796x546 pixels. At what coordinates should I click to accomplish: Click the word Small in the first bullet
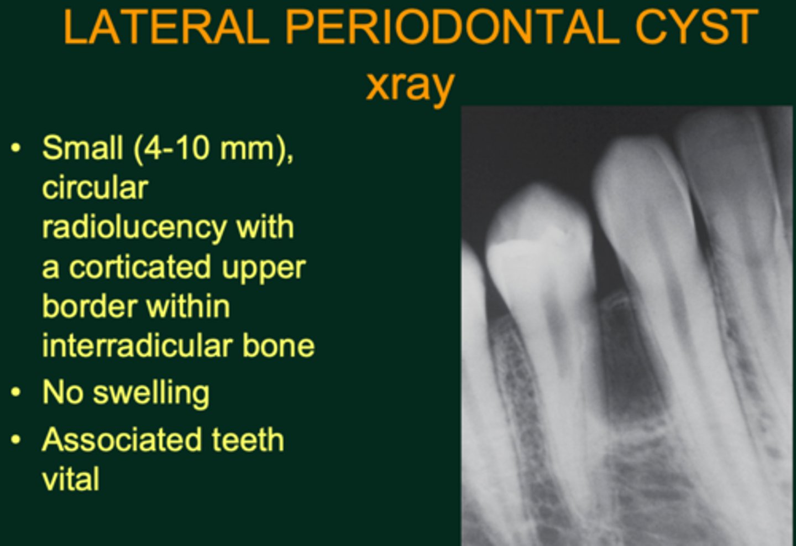click(x=82, y=148)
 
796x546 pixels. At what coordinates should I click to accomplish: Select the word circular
click(x=95, y=188)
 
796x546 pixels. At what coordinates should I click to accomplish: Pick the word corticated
click(x=139, y=268)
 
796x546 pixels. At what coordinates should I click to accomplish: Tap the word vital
click(x=71, y=479)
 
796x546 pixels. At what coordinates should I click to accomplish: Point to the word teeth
click(x=248, y=440)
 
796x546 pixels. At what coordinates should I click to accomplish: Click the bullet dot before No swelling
click(x=16, y=393)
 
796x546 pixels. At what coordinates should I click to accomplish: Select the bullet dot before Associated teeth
click(x=16, y=440)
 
